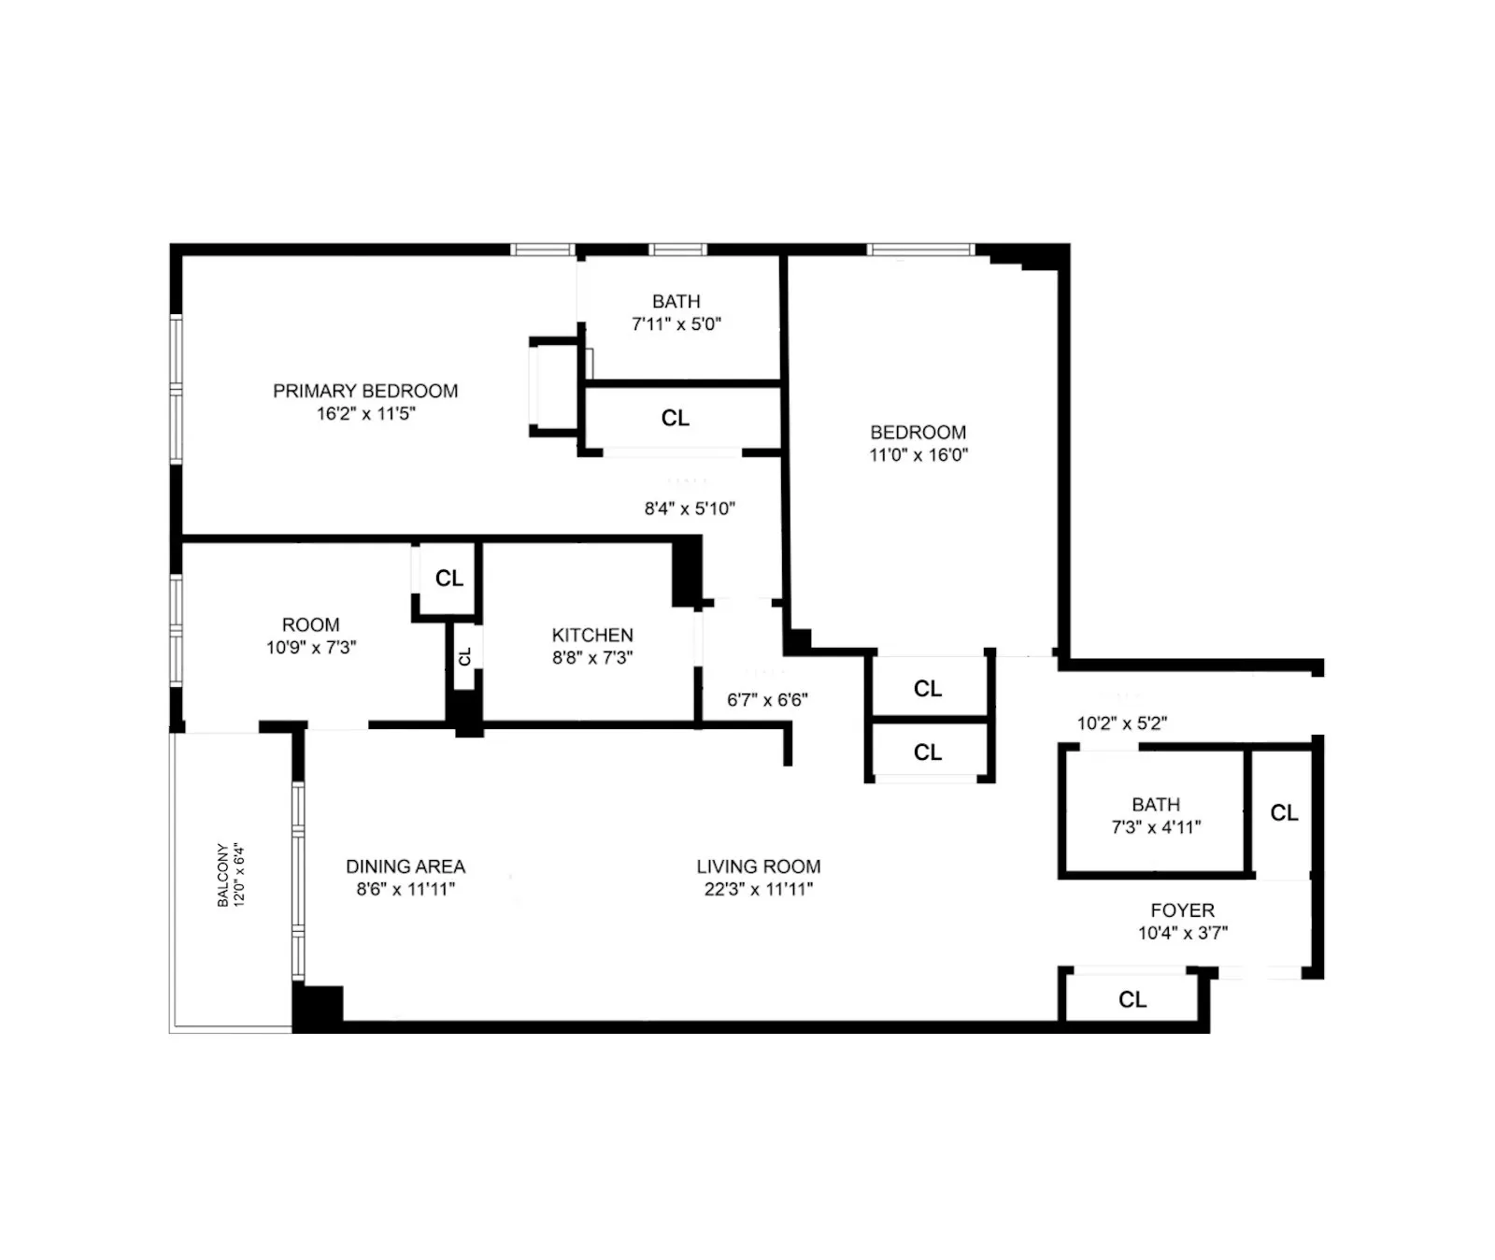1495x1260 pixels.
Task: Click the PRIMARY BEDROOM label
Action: tap(365, 391)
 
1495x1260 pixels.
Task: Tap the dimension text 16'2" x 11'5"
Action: tap(365, 413)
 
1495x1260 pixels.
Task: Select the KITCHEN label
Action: tap(592, 635)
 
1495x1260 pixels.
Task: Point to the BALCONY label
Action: tap(222, 875)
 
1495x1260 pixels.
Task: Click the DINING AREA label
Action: tap(406, 866)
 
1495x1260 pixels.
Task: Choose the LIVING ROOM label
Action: tap(759, 866)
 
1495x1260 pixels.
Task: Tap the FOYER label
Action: tap(1182, 909)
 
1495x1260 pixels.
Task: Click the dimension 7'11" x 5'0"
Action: tap(676, 324)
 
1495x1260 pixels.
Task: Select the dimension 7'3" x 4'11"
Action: tap(1156, 827)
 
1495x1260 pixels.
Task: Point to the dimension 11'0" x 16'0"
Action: tap(918, 455)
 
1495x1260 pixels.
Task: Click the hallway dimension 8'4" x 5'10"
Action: tap(690, 508)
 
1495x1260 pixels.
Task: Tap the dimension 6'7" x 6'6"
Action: tap(767, 699)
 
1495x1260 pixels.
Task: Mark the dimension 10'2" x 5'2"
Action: tap(1121, 723)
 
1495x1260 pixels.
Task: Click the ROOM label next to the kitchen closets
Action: tap(311, 624)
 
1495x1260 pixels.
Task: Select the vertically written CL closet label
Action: tap(464, 656)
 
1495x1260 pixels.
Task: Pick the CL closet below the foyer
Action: tap(1132, 1000)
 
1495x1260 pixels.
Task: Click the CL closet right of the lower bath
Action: tap(1284, 813)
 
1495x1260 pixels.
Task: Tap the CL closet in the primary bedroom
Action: tap(676, 418)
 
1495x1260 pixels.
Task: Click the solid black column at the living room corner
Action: tap(319, 1007)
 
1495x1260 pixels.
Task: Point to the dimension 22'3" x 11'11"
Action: tap(759, 889)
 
